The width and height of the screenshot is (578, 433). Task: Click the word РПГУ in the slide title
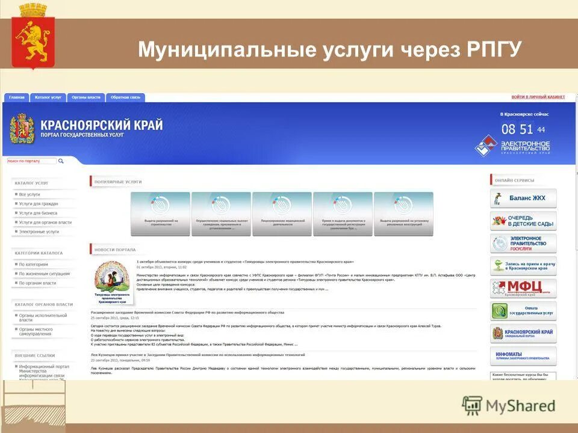pyautogui.click(x=494, y=49)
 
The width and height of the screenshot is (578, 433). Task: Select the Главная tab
pyautogui.click(x=17, y=97)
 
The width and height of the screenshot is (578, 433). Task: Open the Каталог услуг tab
pyautogui.click(x=48, y=97)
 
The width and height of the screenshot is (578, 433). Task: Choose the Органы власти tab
pyautogui.click(x=86, y=97)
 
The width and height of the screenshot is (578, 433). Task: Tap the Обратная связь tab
pyautogui.click(x=125, y=97)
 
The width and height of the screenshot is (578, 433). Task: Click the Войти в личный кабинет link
pyautogui.click(x=538, y=97)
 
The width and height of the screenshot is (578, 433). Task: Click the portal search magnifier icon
pyautogui.click(x=61, y=161)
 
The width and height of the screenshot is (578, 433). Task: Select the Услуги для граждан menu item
pyautogui.click(x=39, y=204)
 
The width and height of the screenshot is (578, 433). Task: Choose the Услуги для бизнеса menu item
pyautogui.click(x=38, y=213)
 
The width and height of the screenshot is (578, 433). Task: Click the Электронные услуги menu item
pyautogui.click(x=39, y=232)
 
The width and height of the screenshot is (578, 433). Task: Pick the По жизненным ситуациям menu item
pyautogui.click(x=44, y=274)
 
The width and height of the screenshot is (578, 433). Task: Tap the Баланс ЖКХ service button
pyautogui.click(x=523, y=198)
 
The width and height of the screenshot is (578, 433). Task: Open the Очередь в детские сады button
pyautogui.click(x=523, y=221)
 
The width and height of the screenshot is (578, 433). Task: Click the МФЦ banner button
pyautogui.click(x=523, y=288)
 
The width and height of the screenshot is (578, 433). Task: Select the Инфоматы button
pyautogui.click(x=523, y=355)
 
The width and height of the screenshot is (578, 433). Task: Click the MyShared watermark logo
pyautogui.click(x=509, y=405)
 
